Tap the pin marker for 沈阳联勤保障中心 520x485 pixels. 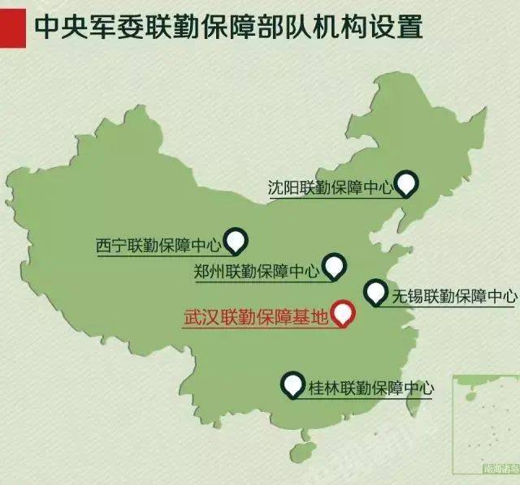tap(406, 182)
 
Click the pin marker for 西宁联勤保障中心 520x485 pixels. tap(236, 239)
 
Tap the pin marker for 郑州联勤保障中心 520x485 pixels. tap(334, 264)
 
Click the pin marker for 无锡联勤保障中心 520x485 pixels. tap(375, 291)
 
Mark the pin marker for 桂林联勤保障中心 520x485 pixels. tap(292, 383)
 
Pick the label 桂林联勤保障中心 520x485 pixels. tap(370, 388)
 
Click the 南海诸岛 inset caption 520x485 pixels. tap(499, 468)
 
